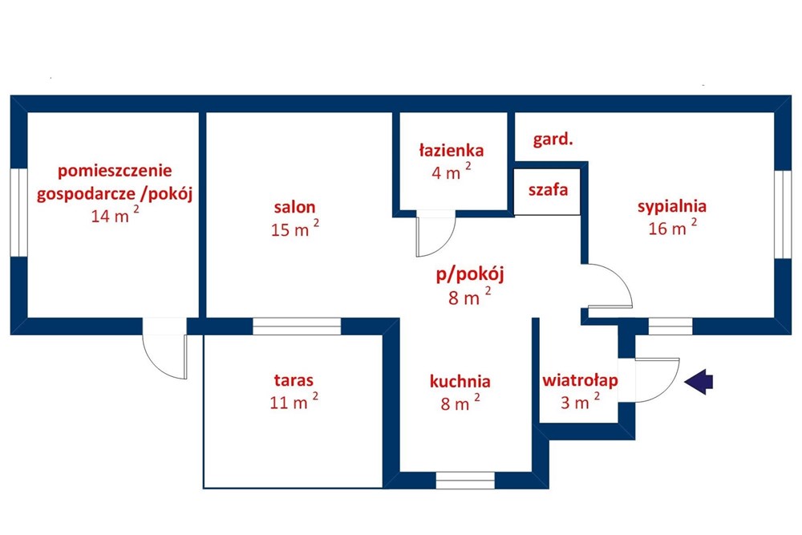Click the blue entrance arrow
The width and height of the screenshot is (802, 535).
(699, 382)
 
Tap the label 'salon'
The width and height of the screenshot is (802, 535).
(294, 207)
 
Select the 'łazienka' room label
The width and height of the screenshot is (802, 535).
(451, 150)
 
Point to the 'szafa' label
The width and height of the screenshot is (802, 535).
(548, 190)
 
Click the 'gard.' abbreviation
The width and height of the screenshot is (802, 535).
(553, 140)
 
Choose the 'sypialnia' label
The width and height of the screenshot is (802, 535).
(671, 207)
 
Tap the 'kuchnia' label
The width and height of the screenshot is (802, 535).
(460, 381)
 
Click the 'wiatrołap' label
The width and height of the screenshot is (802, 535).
(580, 381)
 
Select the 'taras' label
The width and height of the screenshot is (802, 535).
(294, 380)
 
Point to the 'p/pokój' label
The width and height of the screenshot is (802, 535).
(470, 274)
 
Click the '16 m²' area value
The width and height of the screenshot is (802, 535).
(672, 227)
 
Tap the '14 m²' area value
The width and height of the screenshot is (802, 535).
(115, 214)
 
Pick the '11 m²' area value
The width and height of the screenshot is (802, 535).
(294, 401)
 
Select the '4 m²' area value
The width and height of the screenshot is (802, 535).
(451, 172)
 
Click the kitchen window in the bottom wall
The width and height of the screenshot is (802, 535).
(465, 480)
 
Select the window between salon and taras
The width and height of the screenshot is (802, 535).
(297, 326)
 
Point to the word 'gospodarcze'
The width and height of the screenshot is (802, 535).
(86, 194)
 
